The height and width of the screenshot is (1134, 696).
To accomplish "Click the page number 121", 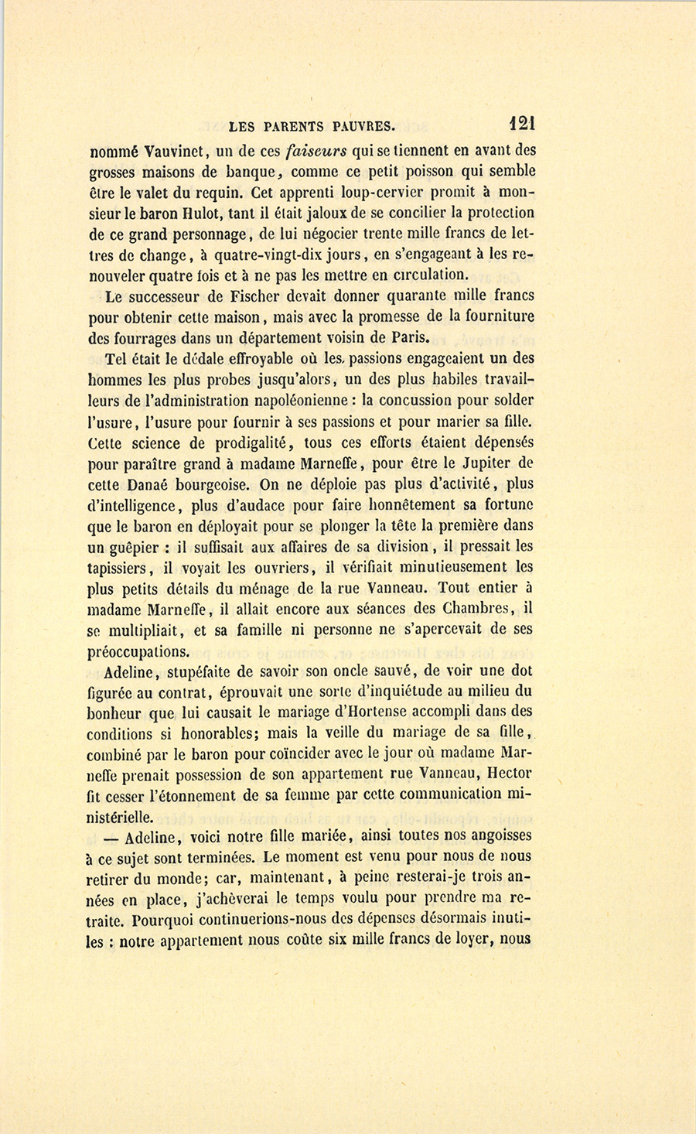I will click(x=522, y=123).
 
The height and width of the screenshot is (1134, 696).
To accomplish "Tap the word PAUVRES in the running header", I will click(x=363, y=125).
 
